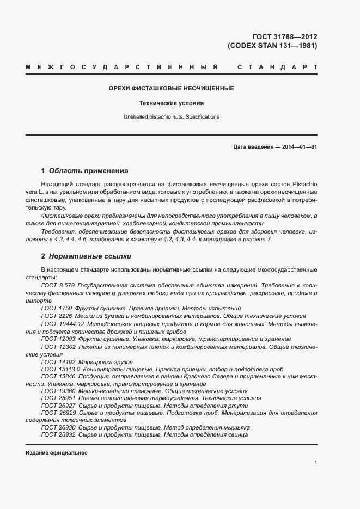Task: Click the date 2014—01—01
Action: [298, 147]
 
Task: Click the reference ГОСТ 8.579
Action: [57, 285]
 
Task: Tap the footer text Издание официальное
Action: [57, 453]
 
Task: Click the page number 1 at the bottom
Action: [316, 462]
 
